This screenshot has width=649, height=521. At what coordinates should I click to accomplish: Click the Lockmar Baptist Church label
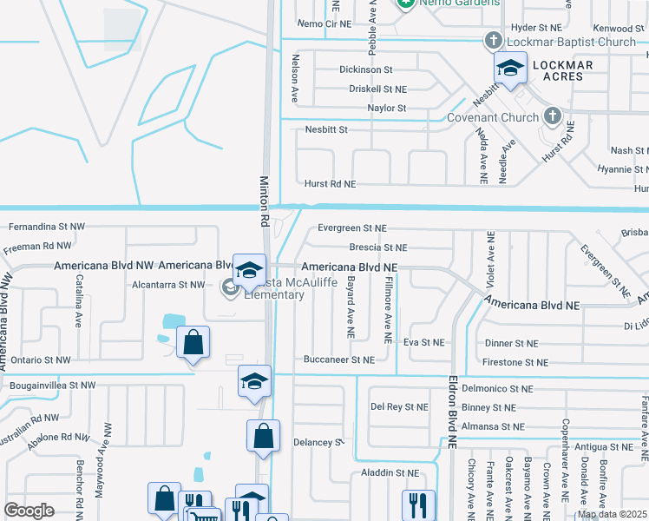pyautogui.click(x=572, y=42)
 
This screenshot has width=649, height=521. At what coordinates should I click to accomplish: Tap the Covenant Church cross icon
pyautogui.click(x=553, y=117)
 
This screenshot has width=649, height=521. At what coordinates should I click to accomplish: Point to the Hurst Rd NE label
pyautogui.click(x=330, y=184)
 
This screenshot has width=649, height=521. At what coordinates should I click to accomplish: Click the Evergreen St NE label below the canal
pyautogui.click(x=351, y=228)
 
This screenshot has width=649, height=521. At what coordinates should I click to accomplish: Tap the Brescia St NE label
pyautogui.click(x=377, y=247)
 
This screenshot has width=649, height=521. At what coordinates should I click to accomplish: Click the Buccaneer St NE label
pyautogui.click(x=338, y=359)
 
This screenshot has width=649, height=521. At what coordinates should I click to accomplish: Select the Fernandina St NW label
pyautogui.click(x=47, y=227)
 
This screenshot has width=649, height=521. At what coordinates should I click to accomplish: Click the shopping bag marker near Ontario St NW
pyautogui.click(x=193, y=344)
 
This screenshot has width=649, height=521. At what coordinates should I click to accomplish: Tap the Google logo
pyautogui.click(x=29, y=511)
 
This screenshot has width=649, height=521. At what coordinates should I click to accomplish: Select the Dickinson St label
pyautogui.click(x=366, y=69)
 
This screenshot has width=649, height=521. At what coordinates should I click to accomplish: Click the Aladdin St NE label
pyautogui.click(x=390, y=473)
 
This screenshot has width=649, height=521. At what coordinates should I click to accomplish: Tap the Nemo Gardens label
pyautogui.click(x=456, y=3)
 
